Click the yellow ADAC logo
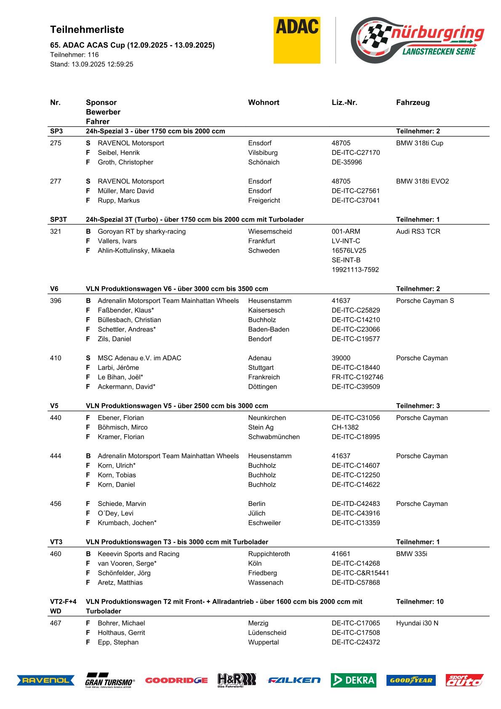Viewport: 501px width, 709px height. coord(297,40)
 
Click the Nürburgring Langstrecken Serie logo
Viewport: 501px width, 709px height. coord(417,40)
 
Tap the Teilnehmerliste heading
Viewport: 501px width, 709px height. coord(87,29)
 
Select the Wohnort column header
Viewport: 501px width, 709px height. coord(264,102)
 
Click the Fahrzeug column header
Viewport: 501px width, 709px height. coord(413,102)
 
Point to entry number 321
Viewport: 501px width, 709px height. coord(56,231)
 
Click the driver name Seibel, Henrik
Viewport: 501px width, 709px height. coord(119,153)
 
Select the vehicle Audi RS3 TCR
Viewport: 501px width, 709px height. coord(418,231)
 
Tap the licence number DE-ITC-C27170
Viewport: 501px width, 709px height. coord(356,153)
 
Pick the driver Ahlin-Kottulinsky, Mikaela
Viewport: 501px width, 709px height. coord(136,251)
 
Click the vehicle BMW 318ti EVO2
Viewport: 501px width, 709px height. coord(422,181)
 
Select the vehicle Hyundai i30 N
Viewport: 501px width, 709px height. coord(417,623)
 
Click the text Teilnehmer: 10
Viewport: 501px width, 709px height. coord(420,602)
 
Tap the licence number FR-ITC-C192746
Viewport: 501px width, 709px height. coord(357,377)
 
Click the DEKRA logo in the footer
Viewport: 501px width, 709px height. coord(353,680)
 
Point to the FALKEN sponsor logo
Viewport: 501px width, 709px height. coord(294,680)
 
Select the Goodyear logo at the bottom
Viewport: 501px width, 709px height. coord(411,680)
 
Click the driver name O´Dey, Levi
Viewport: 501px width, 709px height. coord(115,513)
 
